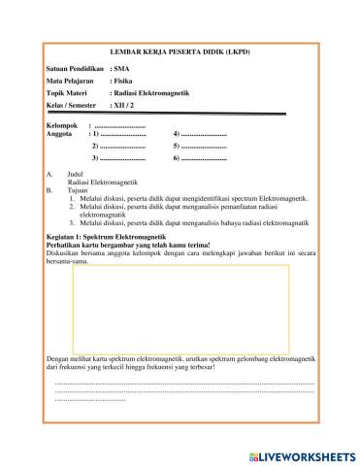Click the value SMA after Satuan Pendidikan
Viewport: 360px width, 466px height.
[121, 70]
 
